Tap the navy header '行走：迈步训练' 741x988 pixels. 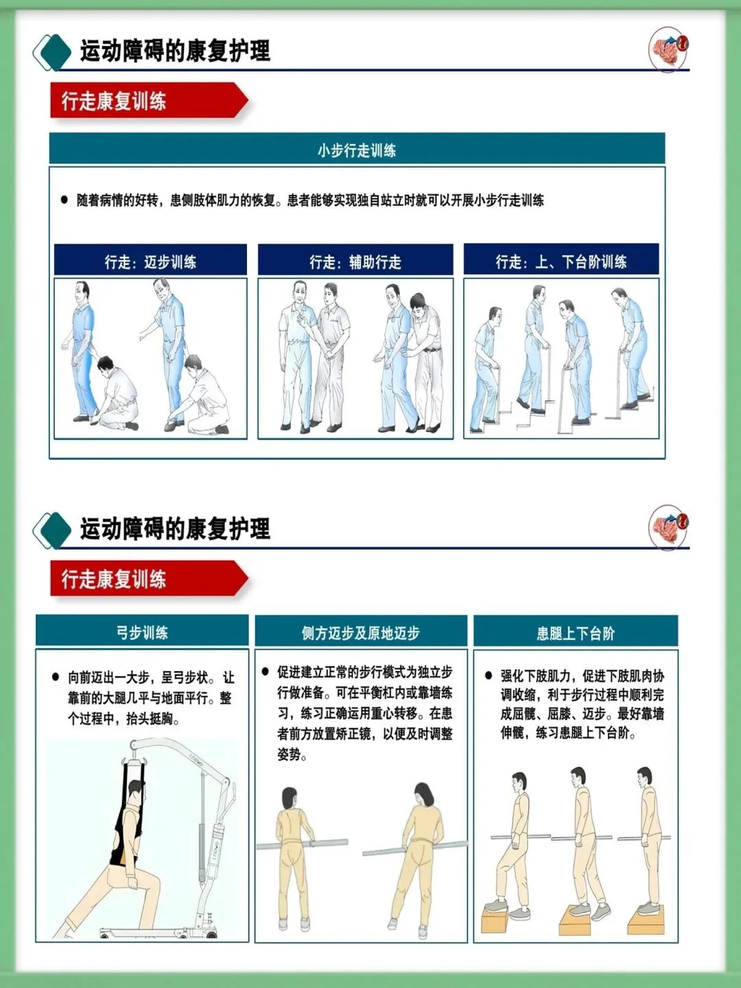tap(150, 260)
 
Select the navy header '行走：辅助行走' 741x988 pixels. tap(355, 260)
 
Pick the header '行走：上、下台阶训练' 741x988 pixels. tap(561, 259)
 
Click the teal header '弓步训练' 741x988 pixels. tap(142, 631)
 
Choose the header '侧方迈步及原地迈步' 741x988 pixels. tap(361, 631)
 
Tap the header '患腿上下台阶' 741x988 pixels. tap(576, 631)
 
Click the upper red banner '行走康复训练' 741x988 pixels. tap(148, 100)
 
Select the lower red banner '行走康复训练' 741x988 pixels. tap(148, 578)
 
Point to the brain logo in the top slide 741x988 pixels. tap(668, 49)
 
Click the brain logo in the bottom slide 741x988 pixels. tap(668, 527)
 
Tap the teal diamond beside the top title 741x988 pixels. tap(56, 52)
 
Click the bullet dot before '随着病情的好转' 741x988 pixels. tap(64, 200)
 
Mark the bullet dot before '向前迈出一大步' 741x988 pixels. tap(56, 677)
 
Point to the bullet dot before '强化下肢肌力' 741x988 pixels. tap(489, 675)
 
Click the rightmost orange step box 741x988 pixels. tap(645, 917)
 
